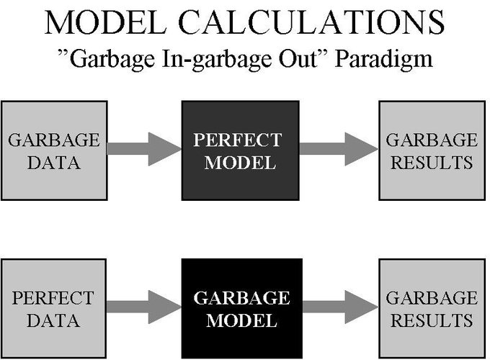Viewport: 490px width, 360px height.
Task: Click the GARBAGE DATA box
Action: coord(54,150)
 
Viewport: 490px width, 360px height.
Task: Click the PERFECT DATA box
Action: coord(54,309)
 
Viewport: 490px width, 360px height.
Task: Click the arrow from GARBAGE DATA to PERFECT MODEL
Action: coord(144,149)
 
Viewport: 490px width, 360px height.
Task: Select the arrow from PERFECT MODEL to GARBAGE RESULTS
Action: coord(338,149)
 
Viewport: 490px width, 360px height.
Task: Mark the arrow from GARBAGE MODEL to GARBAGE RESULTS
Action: coord(338,307)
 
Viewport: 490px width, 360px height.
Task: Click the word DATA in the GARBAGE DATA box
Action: coord(54,162)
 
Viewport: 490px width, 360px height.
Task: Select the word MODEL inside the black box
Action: coord(241,320)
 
